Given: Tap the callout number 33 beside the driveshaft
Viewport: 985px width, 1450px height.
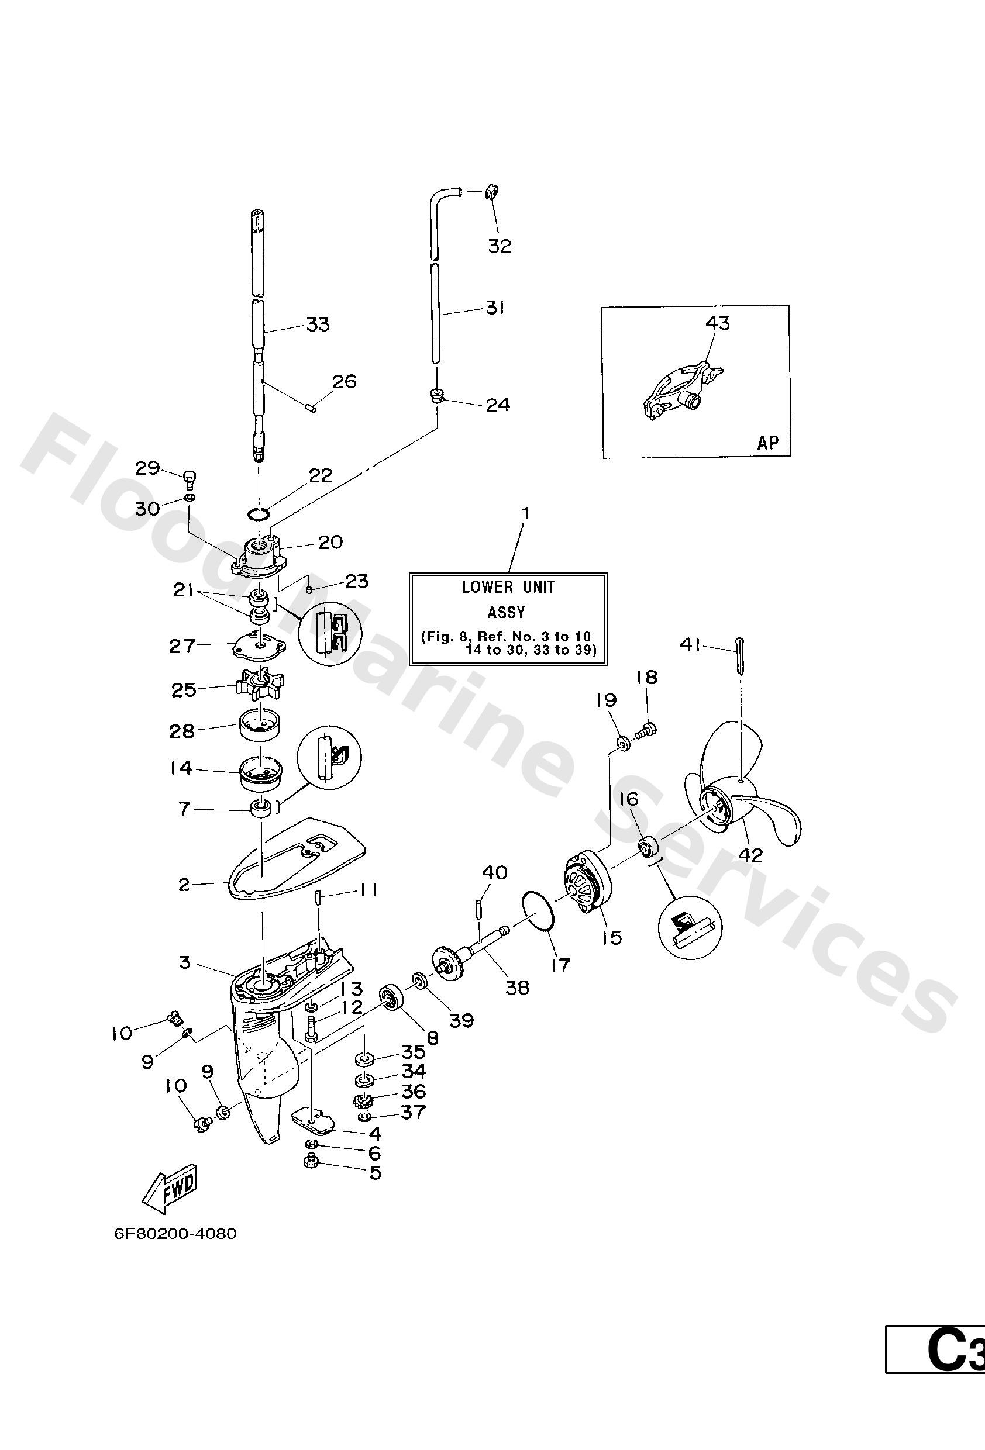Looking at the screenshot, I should point(317,324).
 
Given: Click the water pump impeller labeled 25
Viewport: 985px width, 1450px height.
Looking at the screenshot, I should point(259,685).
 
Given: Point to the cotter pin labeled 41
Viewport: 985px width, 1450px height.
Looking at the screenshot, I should point(739,655).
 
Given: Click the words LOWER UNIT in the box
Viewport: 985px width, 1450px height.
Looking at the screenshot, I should point(508,587).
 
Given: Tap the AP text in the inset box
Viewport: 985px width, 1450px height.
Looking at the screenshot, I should point(768,443).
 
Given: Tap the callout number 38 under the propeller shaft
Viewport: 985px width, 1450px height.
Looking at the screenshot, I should point(517,988).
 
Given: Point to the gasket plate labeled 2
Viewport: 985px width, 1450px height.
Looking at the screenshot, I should point(294,861).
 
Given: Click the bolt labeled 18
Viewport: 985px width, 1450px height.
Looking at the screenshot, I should point(646,727).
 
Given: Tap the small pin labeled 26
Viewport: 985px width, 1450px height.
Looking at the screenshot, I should point(314,407).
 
